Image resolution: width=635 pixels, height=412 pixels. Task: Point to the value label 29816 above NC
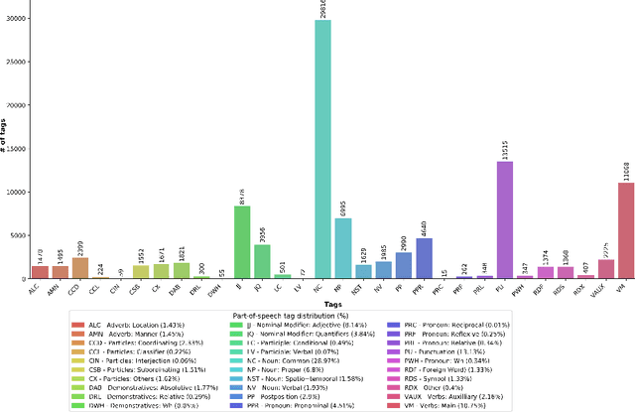coord(323,9)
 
